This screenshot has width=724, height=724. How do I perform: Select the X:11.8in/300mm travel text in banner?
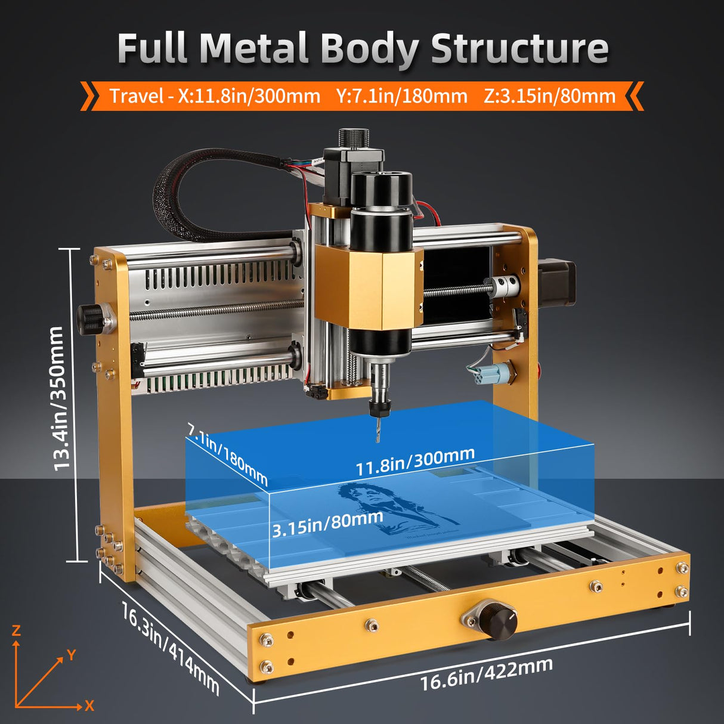tap(249, 96)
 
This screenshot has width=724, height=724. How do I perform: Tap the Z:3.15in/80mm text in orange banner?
tap(549, 96)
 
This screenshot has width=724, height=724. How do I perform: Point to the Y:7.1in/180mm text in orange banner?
tap(401, 96)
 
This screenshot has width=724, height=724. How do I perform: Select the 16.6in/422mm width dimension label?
tap(486, 673)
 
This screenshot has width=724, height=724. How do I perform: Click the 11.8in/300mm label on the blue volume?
tap(415, 460)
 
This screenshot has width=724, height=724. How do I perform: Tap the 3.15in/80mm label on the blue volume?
tap(327, 523)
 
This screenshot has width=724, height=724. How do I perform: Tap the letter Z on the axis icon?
tap(16, 630)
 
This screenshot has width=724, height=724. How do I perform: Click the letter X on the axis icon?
tap(89, 706)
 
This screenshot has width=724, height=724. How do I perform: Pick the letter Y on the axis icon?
tap(72, 655)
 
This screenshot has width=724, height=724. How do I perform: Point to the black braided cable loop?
tap(179, 197)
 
